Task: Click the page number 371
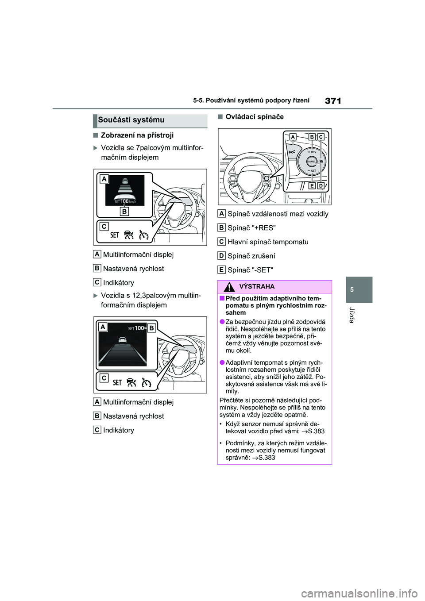[333, 101]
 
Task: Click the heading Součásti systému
[131, 120]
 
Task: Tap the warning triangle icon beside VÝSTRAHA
[229, 287]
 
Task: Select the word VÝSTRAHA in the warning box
[257, 287]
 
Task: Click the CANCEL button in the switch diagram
[312, 162]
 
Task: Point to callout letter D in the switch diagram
[321, 186]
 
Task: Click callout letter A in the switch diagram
[293, 137]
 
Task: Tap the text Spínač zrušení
[251, 256]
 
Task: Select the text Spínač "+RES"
[251, 228]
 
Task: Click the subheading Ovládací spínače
[255, 117]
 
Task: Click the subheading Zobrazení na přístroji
[137, 135]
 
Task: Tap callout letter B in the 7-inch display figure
[124, 212]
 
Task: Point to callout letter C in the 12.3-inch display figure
[104, 378]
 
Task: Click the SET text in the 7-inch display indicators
[115, 235]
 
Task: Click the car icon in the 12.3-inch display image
[122, 340]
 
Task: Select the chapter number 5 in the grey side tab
[352, 290]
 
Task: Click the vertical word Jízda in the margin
[352, 315]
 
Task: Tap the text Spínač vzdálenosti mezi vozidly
[278, 214]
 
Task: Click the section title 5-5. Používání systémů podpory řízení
[251, 100]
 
